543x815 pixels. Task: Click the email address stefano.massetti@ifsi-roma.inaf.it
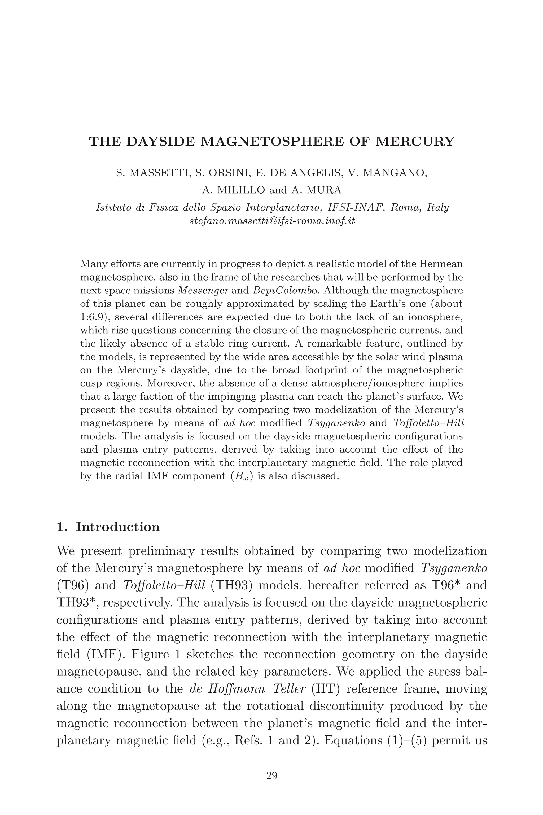(x=272, y=221)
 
